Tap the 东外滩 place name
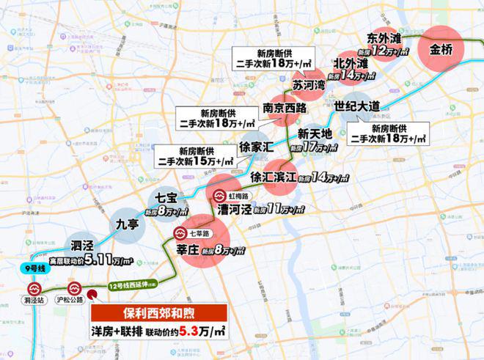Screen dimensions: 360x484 384,38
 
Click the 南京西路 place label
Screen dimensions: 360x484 285,109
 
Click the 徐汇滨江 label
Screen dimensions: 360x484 272,177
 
